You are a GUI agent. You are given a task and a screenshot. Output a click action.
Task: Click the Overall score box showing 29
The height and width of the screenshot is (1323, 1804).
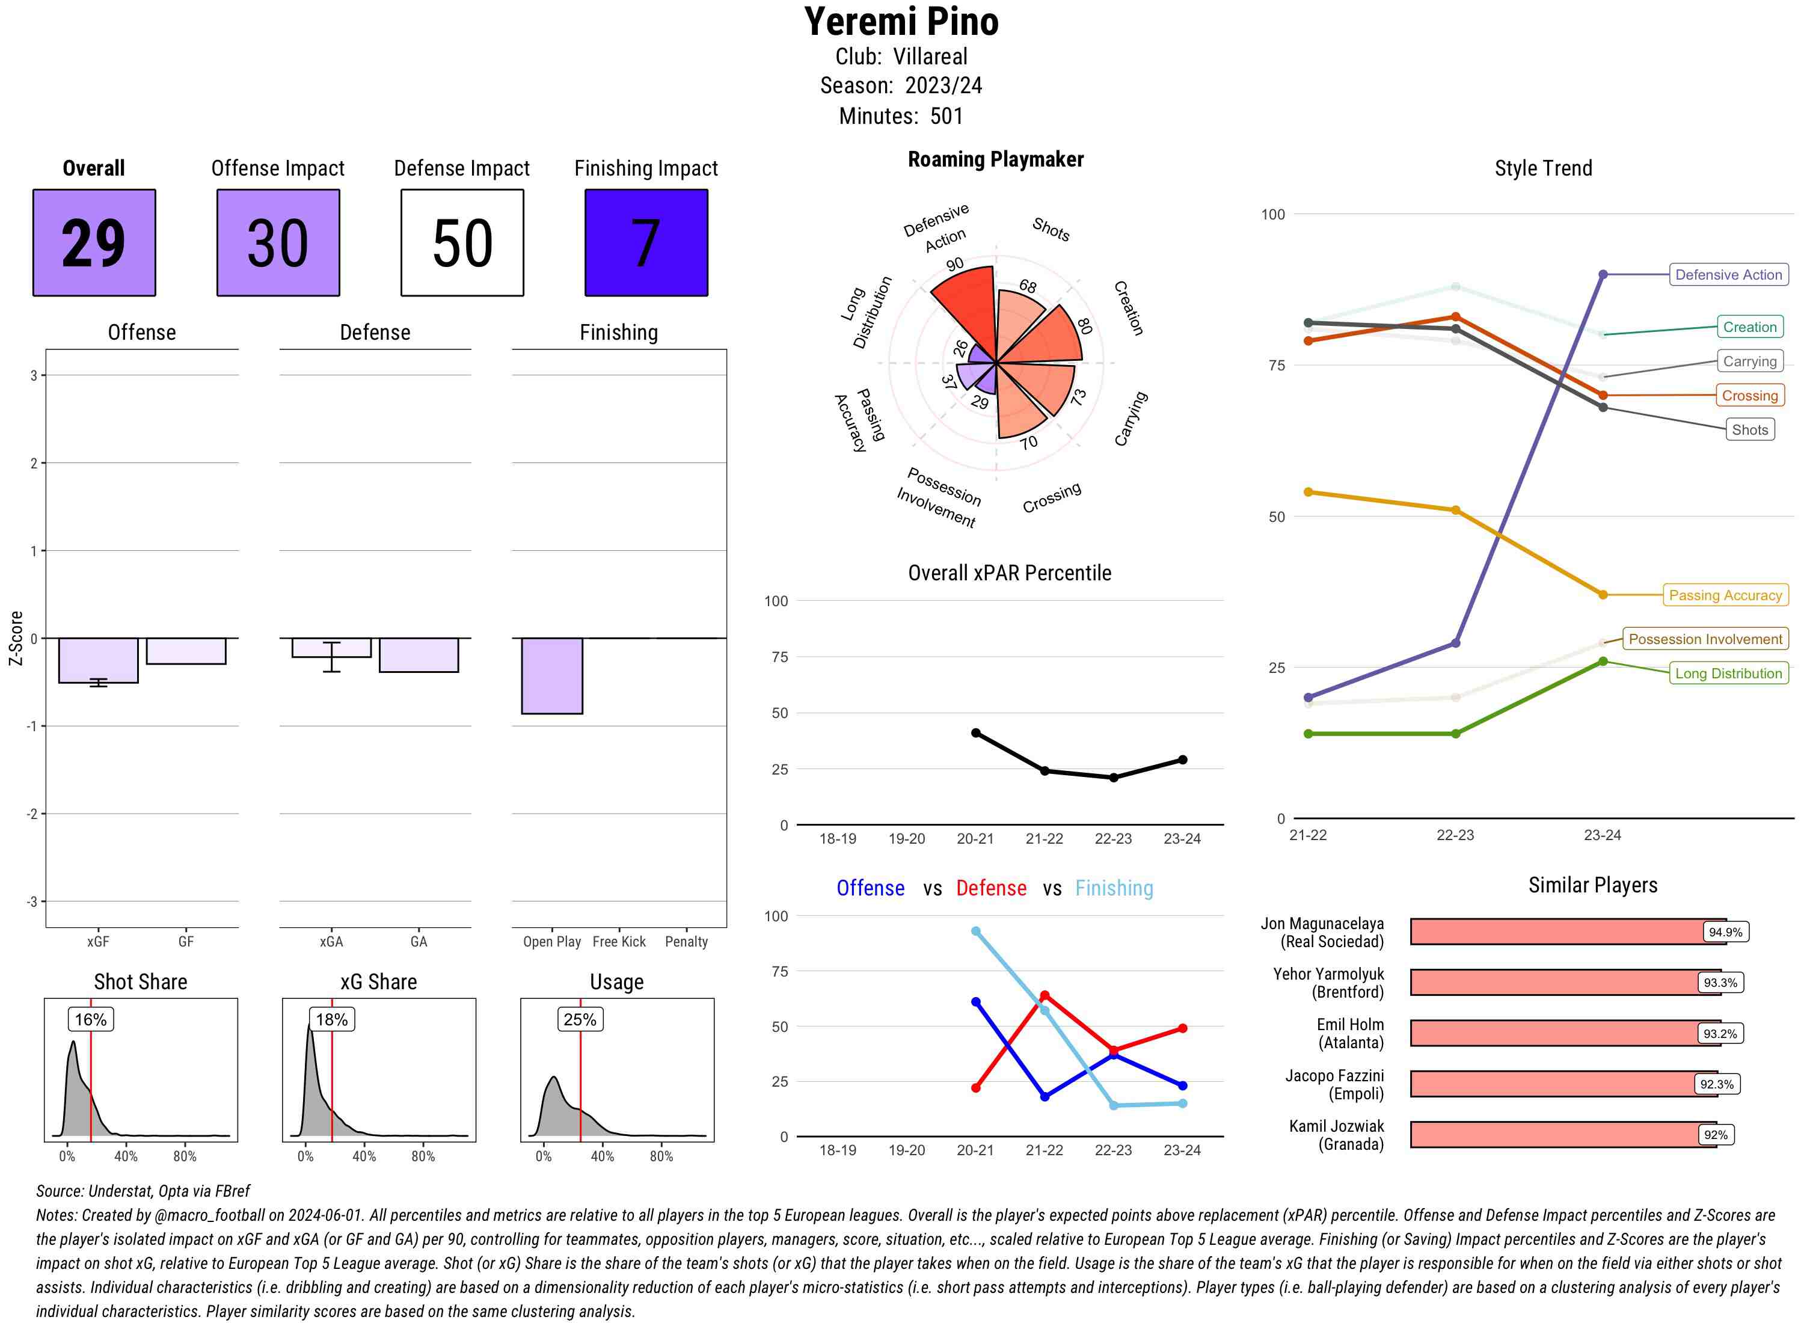[x=94, y=243]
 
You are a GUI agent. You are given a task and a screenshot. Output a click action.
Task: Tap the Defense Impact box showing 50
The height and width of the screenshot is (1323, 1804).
[x=462, y=243]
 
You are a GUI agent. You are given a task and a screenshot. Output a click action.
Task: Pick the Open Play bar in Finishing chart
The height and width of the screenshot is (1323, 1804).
[x=551, y=675]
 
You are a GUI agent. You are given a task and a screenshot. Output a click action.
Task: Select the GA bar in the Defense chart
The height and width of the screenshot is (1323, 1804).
[x=419, y=654]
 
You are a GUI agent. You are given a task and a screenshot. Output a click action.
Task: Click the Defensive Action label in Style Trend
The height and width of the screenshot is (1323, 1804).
[x=1728, y=275]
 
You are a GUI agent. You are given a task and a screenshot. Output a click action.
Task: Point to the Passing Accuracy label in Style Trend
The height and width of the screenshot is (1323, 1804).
[x=1725, y=595]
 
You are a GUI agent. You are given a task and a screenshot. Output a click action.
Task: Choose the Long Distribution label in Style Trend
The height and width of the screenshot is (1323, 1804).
[x=1728, y=674]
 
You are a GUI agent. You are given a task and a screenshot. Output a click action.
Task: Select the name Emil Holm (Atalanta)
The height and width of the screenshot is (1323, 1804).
[x=1350, y=1033]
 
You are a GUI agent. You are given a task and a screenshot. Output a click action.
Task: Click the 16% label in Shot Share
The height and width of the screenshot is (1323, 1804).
[x=90, y=1019]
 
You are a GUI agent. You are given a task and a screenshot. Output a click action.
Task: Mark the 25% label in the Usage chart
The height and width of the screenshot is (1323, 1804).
[x=580, y=1019]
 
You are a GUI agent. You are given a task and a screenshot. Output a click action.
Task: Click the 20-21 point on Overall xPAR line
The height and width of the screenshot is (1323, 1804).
[x=975, y=733]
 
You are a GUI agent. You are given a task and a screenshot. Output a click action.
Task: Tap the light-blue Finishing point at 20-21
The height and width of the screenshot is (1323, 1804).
[x=975, y=932]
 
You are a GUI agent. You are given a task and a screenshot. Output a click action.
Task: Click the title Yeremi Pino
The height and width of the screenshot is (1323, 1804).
[x=901, y=22]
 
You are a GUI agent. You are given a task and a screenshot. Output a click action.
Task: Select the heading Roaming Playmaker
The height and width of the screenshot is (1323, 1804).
[x=995, y=159]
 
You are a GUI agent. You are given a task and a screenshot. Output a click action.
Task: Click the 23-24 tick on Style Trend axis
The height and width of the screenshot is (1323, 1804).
[x=1602, y=835]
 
